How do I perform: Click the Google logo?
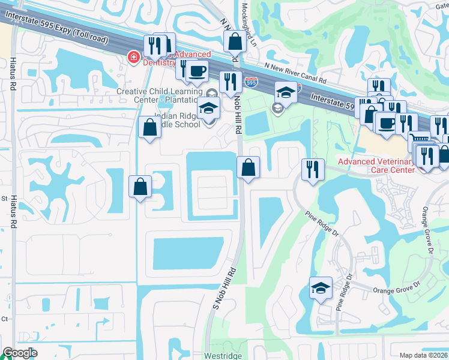pos(20,353)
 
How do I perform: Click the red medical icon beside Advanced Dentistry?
pos(133,58)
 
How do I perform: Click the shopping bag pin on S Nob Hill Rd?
pos(248,167)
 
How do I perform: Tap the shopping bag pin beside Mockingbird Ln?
pos(235,42)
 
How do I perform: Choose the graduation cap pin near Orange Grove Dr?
pos(321,288)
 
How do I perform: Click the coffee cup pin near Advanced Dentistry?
pos(196,71)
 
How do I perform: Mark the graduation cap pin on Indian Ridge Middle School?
pos(208,109)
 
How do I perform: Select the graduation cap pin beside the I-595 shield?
pos(286,93)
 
